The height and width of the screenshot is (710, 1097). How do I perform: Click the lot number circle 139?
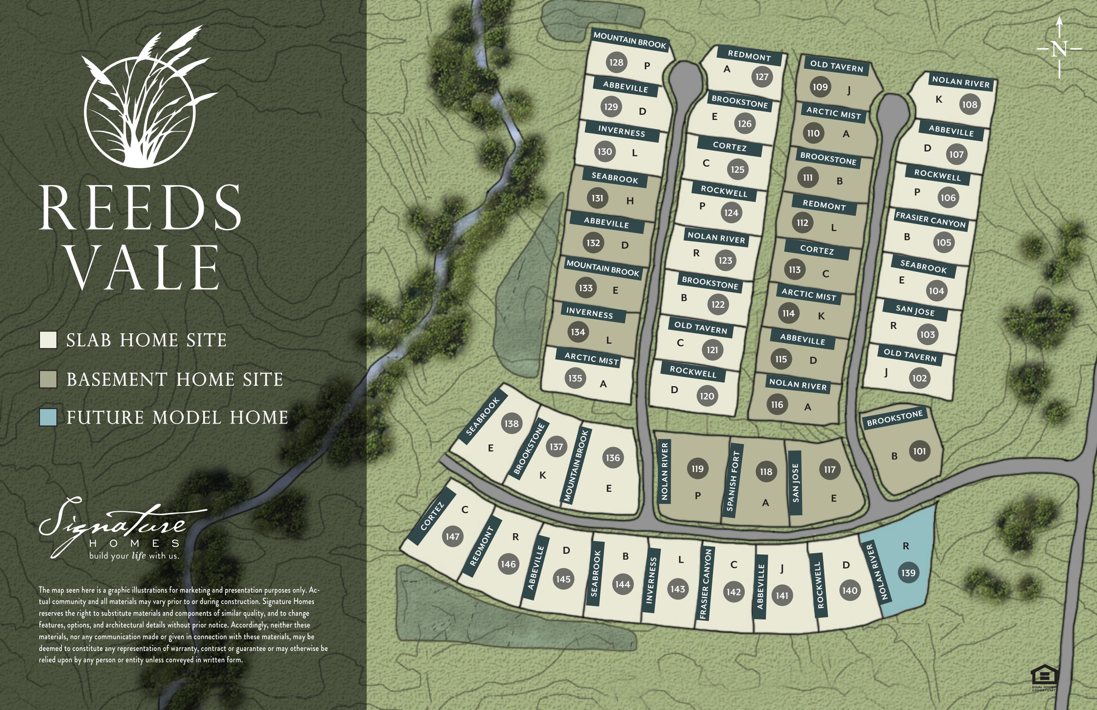tap(908, 572)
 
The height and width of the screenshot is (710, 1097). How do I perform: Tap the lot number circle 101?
tap(919, 451)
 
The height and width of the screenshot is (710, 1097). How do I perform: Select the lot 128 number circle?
tap(616, 62)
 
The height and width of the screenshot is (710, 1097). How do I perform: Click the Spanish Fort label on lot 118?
tap(733, 481)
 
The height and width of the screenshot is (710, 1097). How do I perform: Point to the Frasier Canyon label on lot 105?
tap(930, 220)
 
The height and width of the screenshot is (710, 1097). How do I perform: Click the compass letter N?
tap(1059, 49)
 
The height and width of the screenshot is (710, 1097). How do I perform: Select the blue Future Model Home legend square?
tap(48, 417)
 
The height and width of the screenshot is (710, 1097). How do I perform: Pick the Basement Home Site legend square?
tap(48, 379)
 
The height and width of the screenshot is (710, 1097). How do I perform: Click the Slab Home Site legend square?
tap(48, 340)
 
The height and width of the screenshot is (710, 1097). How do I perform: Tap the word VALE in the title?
tap(143, 267)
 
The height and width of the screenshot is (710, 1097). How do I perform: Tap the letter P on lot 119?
tap(697, 495)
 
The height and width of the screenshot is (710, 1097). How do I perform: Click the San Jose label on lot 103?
tap(915, 310)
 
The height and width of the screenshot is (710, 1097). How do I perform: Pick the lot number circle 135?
tap(575, 378)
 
